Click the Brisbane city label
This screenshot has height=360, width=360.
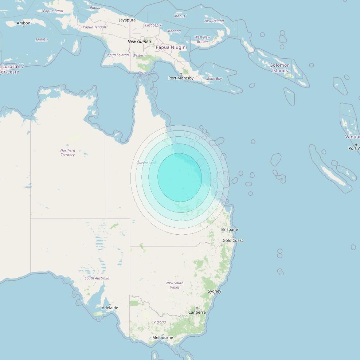pyautogui.click(x=230, y=230)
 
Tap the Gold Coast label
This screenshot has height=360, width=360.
pyautogui.click(x=233, y=240)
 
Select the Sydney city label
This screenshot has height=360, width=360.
pyautogui.click(x=214, y=291)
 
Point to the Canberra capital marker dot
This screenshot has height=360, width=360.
pyautogui.click(x=197, y=308)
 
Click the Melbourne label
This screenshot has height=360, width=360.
pyautogui.click(x=163, y=337)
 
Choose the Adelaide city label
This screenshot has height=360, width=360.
pyautogui.click(x=110, y=308)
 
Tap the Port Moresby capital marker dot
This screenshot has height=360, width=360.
pyautogui.click(x=181, y=74)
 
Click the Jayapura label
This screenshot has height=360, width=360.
pyautogui.click(x=127, y=20)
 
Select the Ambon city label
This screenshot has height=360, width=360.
pyautogui.click(x=24, y=23)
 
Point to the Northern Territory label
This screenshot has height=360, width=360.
pyautogui.click(x=68, y=152)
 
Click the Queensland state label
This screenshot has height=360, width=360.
pyautogui.click(x=146, y=163)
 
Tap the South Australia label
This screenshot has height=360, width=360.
pyautogui.click(x=97, y=278)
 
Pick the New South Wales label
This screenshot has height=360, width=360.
pyautogui.click(x=175, y=285)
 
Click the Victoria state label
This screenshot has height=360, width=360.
pyautogui.click(x=160, y=322)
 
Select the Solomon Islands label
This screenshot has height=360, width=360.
pyautogui.click(x=280, y=68)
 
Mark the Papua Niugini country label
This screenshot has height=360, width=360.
pyautogui.click(x=171, y=47)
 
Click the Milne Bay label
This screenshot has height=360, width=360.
pyautogui.click(x=214, y=78)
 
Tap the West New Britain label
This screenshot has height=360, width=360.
pyautogui.click(x=202, y=39)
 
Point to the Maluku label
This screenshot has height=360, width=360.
pyautogui.click(x=42, y=40)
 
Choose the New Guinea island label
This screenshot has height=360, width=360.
pyautogui.click(x=139, y=42)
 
